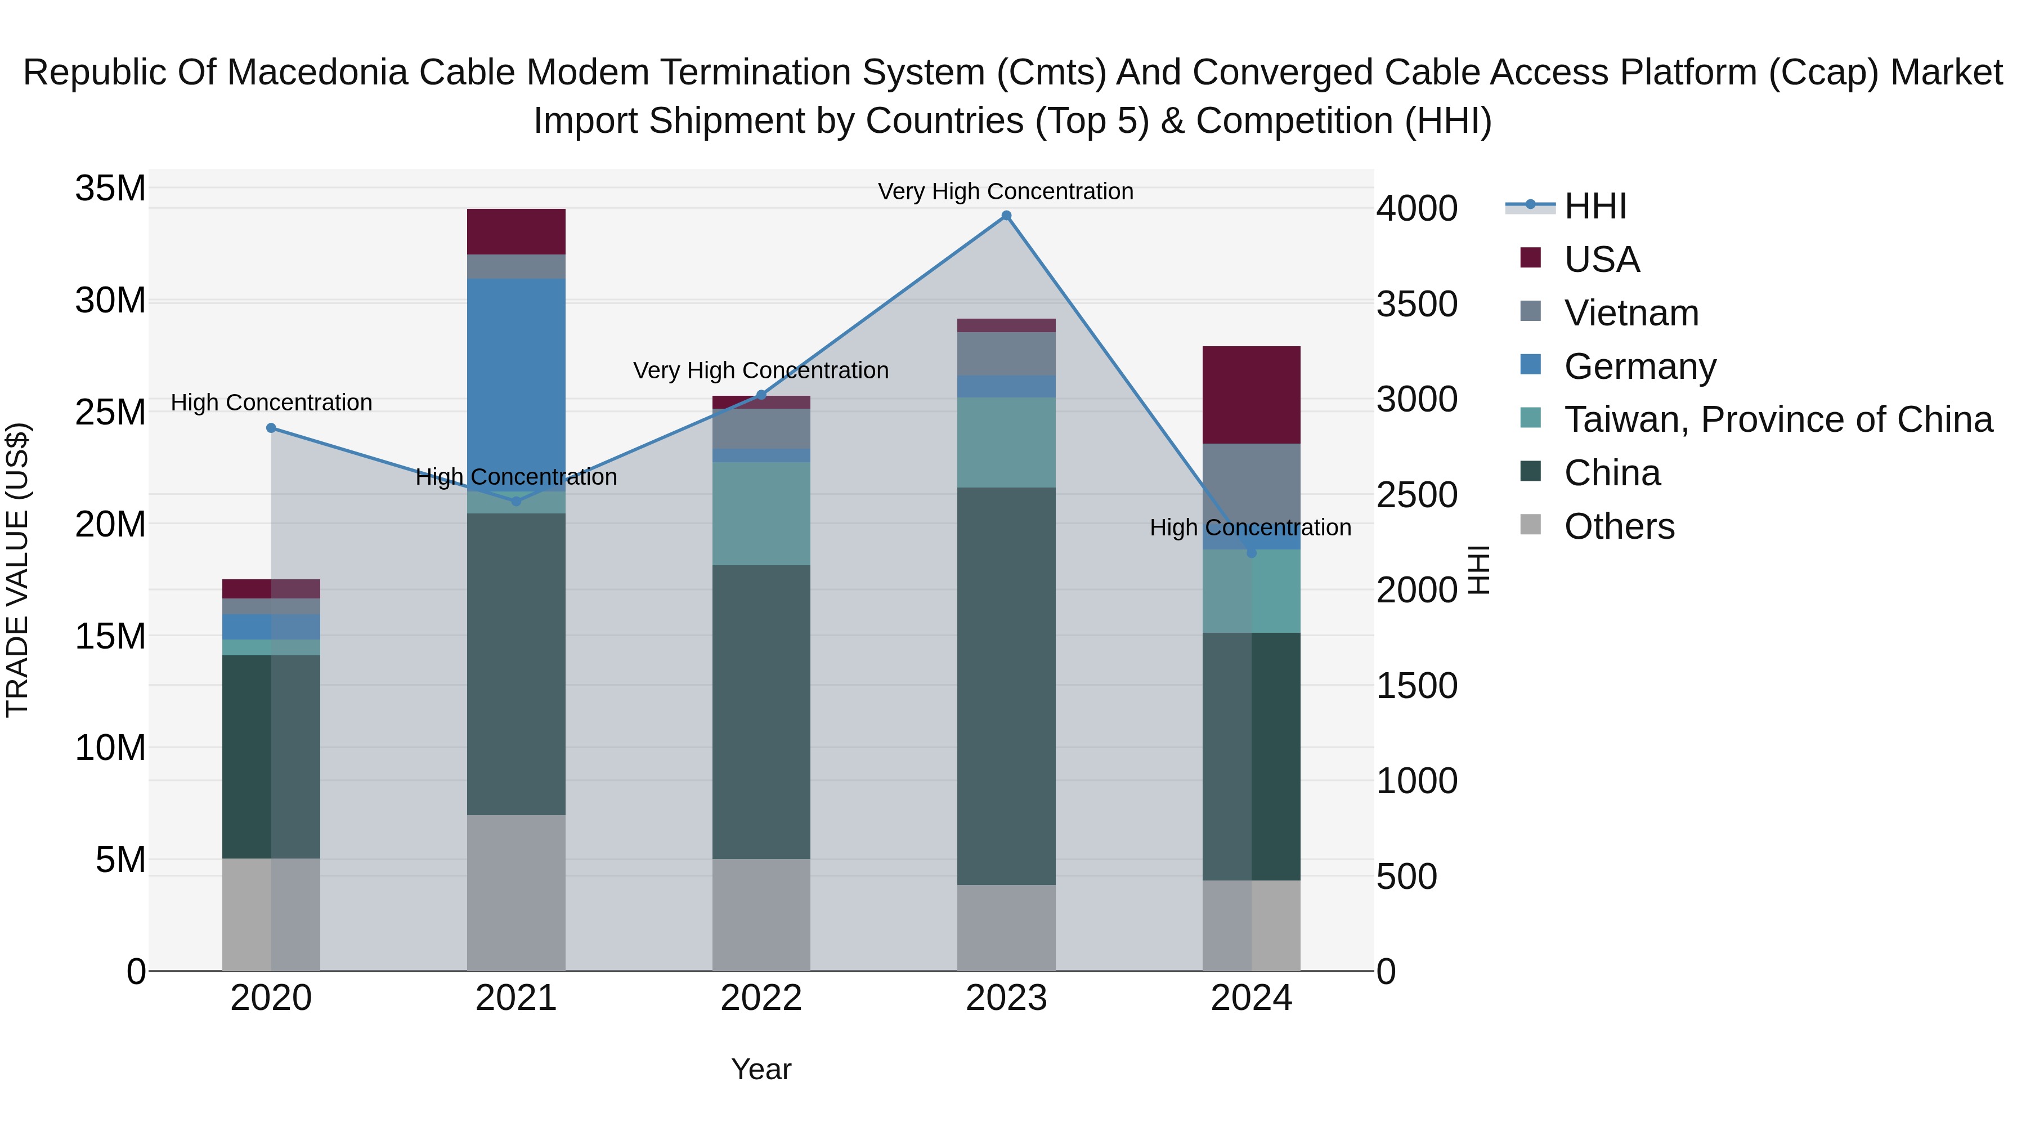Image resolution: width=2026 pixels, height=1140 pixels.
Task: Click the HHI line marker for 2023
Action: (x=1006, y=216)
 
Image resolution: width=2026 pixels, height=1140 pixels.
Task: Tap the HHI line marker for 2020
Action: (x=271, y=428)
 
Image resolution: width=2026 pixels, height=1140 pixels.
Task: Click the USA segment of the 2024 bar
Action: (x=1251, y=395)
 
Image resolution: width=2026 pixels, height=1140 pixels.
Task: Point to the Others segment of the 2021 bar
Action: (x=516, y=892)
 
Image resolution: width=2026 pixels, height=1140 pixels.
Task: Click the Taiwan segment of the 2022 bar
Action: (x=760, y=513)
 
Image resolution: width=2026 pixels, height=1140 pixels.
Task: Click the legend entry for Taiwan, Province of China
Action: (x=1777, y=419)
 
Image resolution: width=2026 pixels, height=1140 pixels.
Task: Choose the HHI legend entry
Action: (x=1595, y=206)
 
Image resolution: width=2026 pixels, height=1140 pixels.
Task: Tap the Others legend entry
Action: (x=1619, y=526)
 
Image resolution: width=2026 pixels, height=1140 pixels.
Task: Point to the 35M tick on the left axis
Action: (x=110, y=189)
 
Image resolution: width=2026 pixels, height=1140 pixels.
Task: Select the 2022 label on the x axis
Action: (x=760, y=998)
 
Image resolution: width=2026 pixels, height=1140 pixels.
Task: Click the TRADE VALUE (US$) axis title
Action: (x=17, y=570)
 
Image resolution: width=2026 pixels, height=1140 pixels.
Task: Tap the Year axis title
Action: (x=760, y=1069)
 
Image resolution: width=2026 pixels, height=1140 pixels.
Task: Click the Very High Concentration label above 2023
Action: (x=1005, y=191)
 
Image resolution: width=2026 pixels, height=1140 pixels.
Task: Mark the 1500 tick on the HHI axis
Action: (x=1417, y=686)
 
